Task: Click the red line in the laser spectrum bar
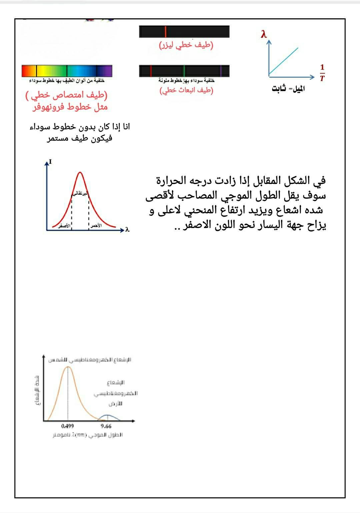pyautogui.click(x=165, y=32)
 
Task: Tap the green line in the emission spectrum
pyautogui.click(x=184, y=71)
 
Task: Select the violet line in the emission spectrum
pyautogui.click(x=221, y=71)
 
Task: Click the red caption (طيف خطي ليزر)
pyautogui.click(x=186, y=45)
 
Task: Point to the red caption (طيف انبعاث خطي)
pyautogui.click(x=186, y=90)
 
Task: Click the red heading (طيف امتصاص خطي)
pyautogui.click(x=67, y=95)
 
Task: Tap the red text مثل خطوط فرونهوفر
pyautogui.click(x=70, y=107)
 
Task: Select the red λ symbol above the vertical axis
pyautogui.click(x=264, y=34)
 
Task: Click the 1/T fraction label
pyautogui.click(x=322, y=73)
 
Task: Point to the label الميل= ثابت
pyautogui.click(x=288, y=89)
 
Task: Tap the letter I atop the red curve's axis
pyautogui.click(x=50, y=162)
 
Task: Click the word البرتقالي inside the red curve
pyautogui.click(x=80, y=193)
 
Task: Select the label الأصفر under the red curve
pyautogui.click(x=64, y=226)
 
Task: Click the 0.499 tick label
pyautogui.click(x=67, y=426)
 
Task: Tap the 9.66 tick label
pyautogui.click(x=106, y=426)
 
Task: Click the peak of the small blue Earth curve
pyautogui.click(x=107, y=415)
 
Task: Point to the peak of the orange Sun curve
pyautogui.click(x=68, y=367)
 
